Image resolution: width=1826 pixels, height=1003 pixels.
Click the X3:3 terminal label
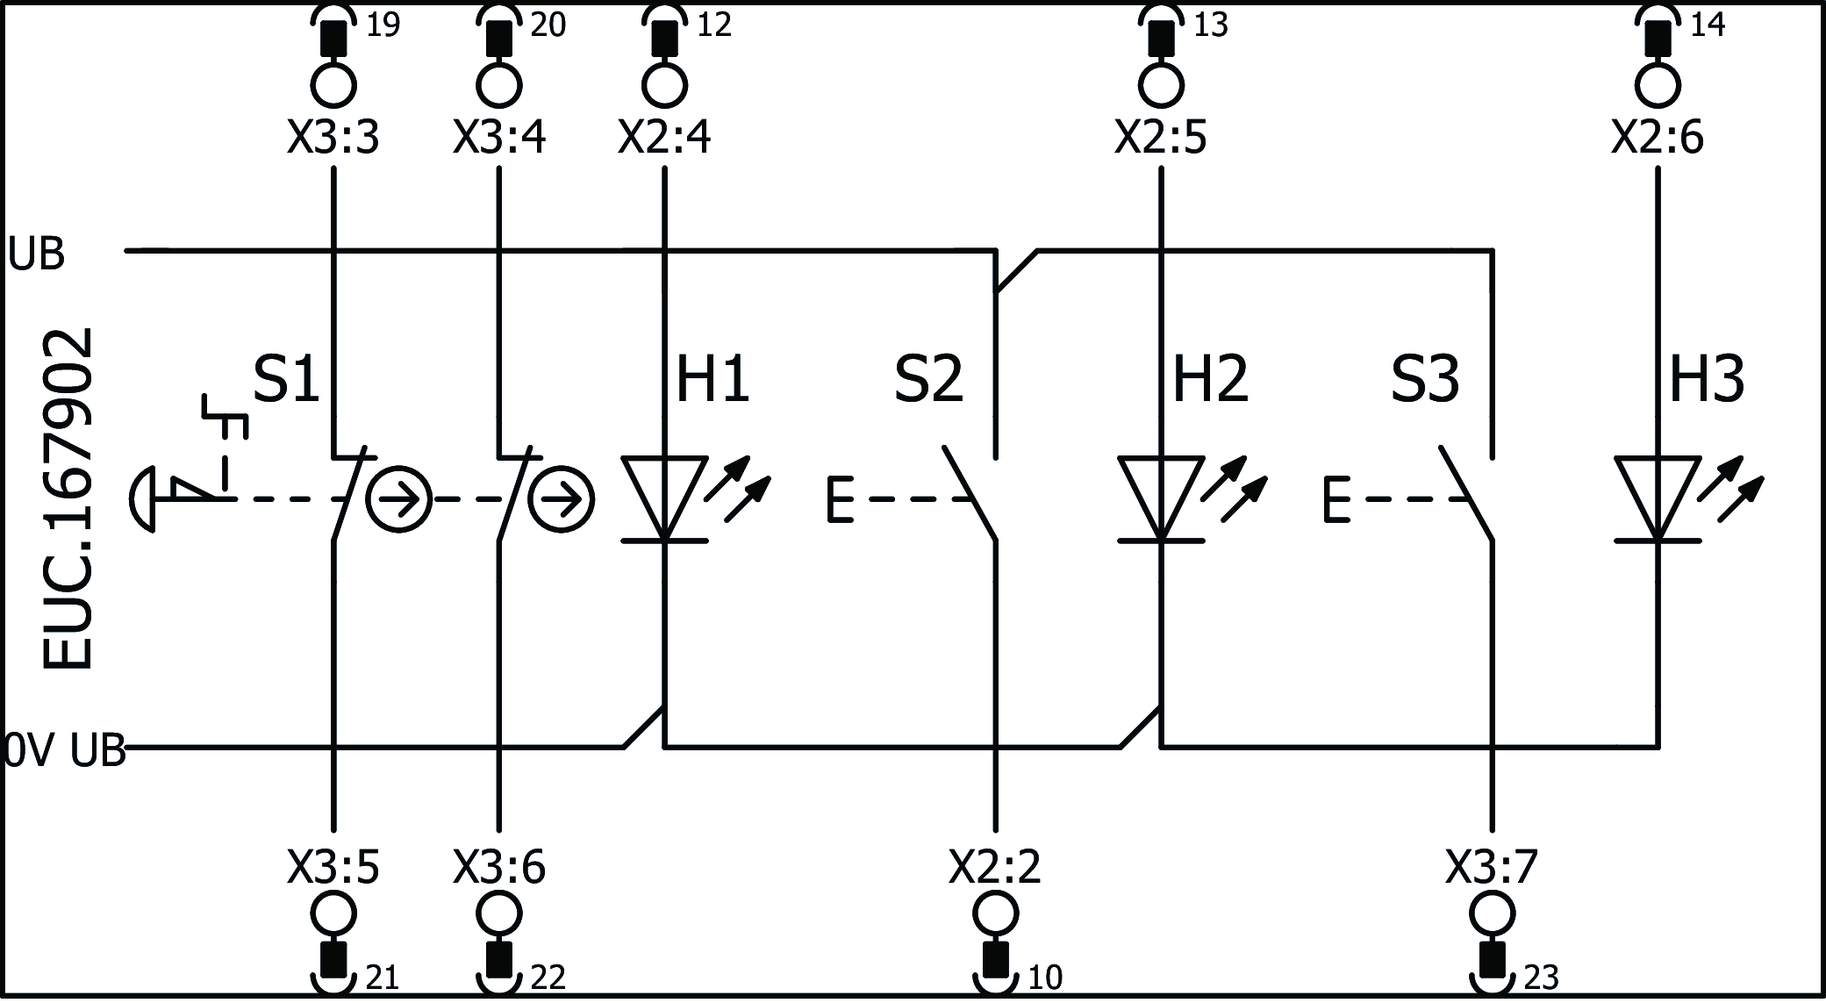coord(333,138)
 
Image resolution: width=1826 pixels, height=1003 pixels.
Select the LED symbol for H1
coord(664,498)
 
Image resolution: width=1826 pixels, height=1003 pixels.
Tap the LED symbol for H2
coord(1161,498)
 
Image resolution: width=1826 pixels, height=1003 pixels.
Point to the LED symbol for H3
coord(1658,498)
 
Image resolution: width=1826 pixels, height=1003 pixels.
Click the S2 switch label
coord(928,380)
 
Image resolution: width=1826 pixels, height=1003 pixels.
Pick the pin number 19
coord(383,25)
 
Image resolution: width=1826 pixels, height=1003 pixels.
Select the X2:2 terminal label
coord(995,867)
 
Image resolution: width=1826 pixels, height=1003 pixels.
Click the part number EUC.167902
coord(68,498)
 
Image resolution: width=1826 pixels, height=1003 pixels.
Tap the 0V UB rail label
coord(63,752)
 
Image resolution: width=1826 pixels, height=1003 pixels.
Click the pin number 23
coord(1541,977)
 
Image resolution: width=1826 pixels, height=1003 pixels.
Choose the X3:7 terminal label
coord(1492,867)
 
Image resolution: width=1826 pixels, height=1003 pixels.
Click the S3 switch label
coord(1425,380)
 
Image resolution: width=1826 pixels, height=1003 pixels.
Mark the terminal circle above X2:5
coord(1161,86)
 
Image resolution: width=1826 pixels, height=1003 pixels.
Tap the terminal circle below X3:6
coord(499,914)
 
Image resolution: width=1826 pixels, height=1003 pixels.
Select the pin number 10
coord(1044,977)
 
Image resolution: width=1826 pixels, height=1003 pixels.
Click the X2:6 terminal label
coord(1658,138)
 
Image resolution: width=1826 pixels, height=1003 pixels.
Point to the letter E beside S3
coord(1335,500)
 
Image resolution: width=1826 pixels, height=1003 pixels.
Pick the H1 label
coord(712,380)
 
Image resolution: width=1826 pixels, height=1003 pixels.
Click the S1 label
coord(286,380)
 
